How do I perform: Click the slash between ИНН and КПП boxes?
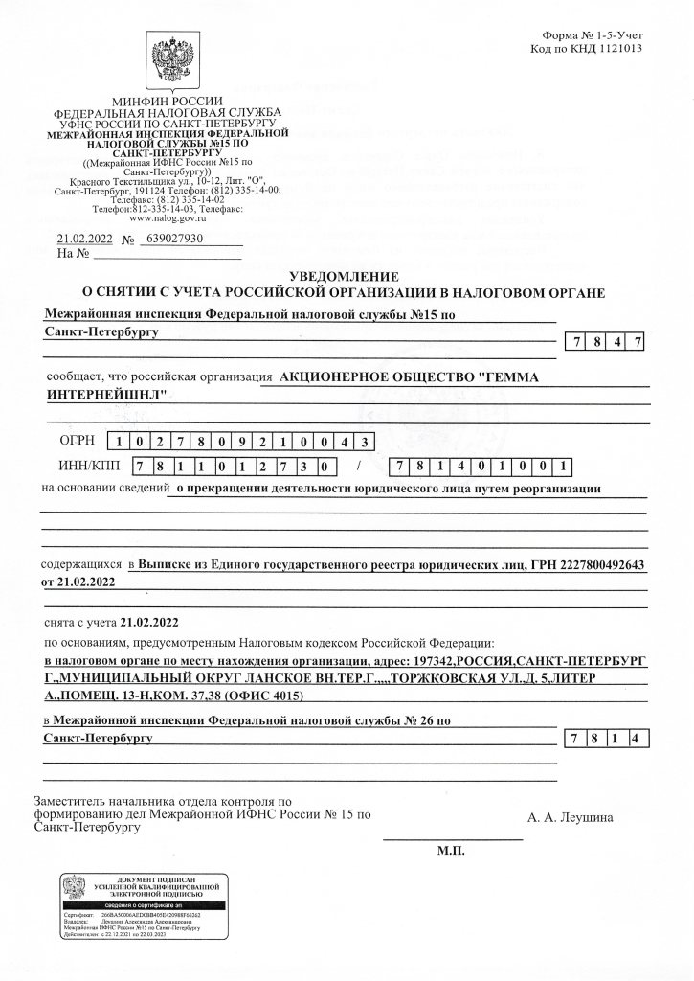[359, 468]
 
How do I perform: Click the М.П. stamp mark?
[450, 850]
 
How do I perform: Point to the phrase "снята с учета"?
[81, 621]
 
